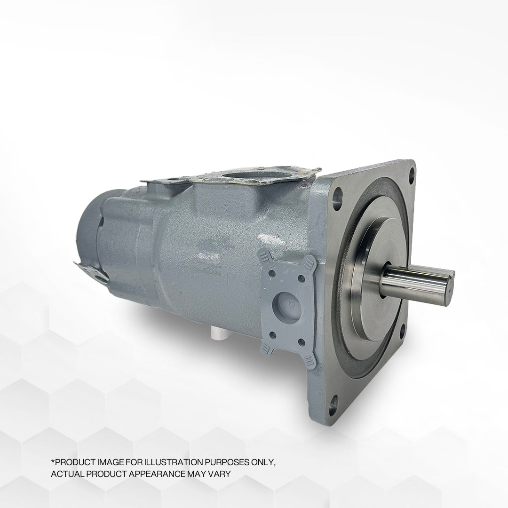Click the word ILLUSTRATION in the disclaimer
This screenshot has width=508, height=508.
[x=163, y=463]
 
